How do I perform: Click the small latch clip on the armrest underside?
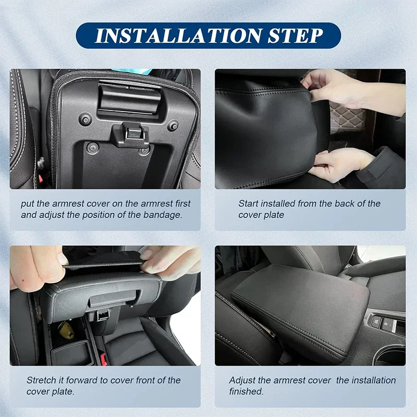point(130,135)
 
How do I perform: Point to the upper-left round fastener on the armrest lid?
point(85,119)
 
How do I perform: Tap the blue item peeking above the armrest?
point(133,71)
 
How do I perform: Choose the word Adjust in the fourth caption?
point(242,380)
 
